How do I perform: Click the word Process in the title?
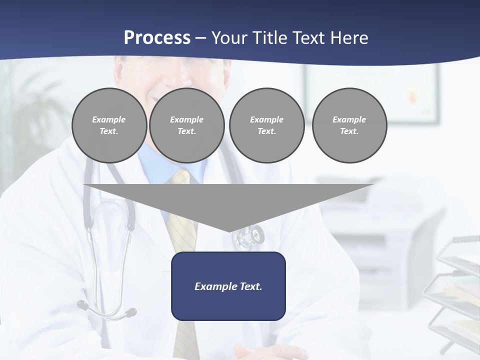pyautogui.click(x=157, y=38)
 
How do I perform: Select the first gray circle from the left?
pyautogui.click(x=109, y=125)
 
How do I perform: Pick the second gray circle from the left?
pyautogui.click(x=186, y=125)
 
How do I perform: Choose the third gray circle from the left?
pyautogui.click(x=266, y=125)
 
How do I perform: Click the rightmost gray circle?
pyautogui.click(x=349, y=125)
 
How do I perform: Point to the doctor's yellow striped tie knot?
pyautogui.click(x=181, y=176)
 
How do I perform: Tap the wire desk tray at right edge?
pyautogui.click(x=457, y=290)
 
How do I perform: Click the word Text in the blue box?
pyautogui.click(x=250, y=286)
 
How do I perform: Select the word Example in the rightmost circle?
pyautogui.click(x=349, y=119)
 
